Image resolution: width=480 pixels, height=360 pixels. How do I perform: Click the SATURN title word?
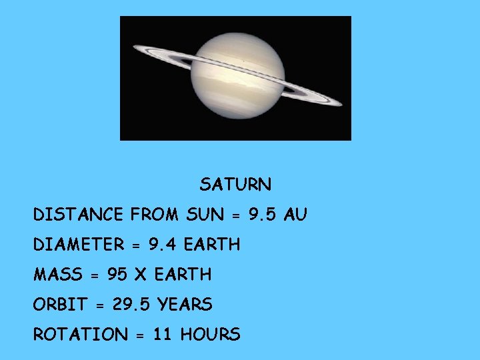(x=235, y=184)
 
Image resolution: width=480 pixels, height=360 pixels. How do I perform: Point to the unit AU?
(x=295, y=215)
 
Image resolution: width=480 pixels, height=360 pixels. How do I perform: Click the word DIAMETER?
(x=79, y=245)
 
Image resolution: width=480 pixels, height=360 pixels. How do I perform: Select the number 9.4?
(x=163, y=245)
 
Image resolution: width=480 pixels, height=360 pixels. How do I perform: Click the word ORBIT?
(x=60, y=305)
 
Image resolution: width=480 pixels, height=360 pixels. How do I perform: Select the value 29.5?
(x=132, y=305)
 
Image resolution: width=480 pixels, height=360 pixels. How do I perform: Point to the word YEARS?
(x=185, y=305)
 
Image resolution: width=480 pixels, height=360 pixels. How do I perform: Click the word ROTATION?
(x=80, y=335)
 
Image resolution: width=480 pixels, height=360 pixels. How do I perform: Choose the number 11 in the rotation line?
(x=163, y=335)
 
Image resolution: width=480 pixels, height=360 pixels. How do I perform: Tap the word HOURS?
(x=210, y=335)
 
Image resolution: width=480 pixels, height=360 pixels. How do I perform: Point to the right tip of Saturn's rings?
(x=341, y=104)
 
